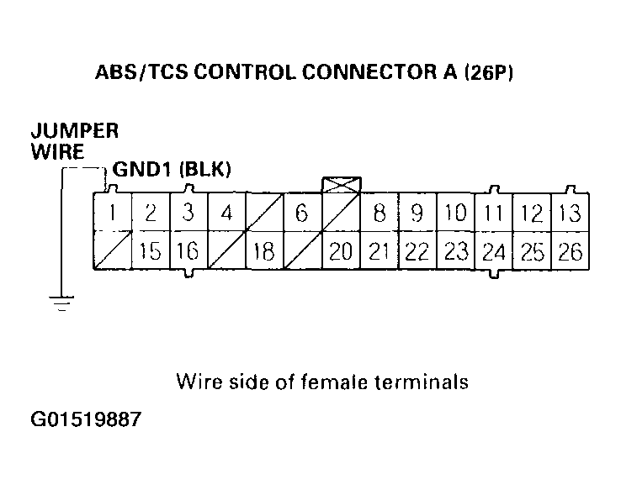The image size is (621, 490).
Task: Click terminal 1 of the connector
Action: coord(111,213)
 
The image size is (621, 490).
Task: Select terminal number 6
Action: coord(302,213)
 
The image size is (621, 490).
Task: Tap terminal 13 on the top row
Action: coord(570,213)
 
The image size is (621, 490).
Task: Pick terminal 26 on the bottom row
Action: coord(570,251)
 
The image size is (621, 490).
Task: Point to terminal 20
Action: coord(341,251)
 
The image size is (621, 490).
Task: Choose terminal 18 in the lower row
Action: coord(264,251)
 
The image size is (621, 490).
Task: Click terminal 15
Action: coord(151,251)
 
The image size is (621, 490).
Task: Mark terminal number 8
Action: coord(379,213)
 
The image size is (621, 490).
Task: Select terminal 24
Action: coord(494,251)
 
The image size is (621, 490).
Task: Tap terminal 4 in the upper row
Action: coord(226,213)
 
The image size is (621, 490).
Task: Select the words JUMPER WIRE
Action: coord(74,142)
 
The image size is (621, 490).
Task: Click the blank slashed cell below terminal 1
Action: coord(111,251)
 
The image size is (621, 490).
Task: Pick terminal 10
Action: coord(455,213)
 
